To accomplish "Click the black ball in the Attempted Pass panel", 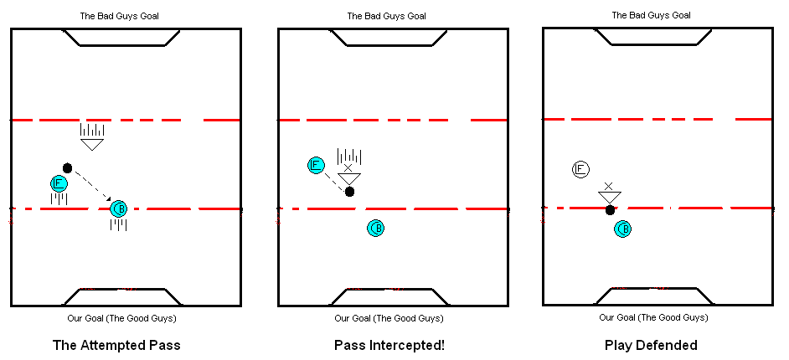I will point(68,167).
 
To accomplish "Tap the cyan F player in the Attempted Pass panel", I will point(59,183).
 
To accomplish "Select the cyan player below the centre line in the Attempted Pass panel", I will point(119,208).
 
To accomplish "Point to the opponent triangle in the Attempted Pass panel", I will point(92,144).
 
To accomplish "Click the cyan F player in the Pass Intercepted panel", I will point(316,165).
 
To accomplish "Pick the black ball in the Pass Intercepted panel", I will point(350,192).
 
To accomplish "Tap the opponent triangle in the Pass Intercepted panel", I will point(348,177).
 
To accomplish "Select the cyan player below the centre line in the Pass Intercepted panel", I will point(376,228).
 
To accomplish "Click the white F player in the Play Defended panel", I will point(580,169).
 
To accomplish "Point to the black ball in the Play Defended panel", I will point(611,210).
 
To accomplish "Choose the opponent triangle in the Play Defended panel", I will point(609,197).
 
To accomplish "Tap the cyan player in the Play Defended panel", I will point(622,229).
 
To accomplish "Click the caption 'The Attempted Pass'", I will point(116,345).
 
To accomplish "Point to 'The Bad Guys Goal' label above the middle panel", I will point(387,16).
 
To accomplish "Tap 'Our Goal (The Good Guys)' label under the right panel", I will point(653,318).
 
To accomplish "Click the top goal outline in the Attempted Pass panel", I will point(122,39).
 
